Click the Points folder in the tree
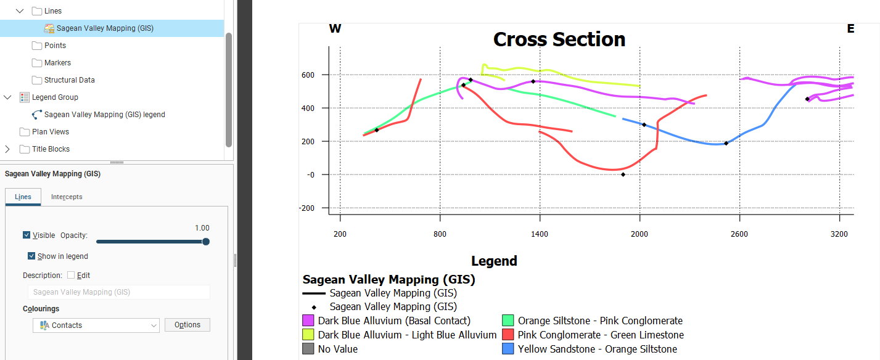[x=55, y=46]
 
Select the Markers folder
[x=57, y=63]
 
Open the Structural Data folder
[x=69, y=80]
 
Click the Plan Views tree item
[x=51, y=132]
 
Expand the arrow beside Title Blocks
[x=7, y=149]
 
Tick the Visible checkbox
[x=27, y=235]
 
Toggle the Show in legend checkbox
[x=31, y=256]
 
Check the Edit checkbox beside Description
[x=71, y=276]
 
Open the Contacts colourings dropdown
[x=96, y=325]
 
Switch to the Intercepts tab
[x=67, y=197]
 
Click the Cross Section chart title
[x=559, y=39]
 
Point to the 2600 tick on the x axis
[x=739, y=234]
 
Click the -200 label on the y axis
[x=306, y=208]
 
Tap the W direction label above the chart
[x=335, y=28]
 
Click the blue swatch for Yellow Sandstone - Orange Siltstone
[x=508, y=349]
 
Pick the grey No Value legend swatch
[x=308, y=349]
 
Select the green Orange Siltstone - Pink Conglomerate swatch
[x=508, y=321]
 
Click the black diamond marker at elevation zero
[x=623, y=174]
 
